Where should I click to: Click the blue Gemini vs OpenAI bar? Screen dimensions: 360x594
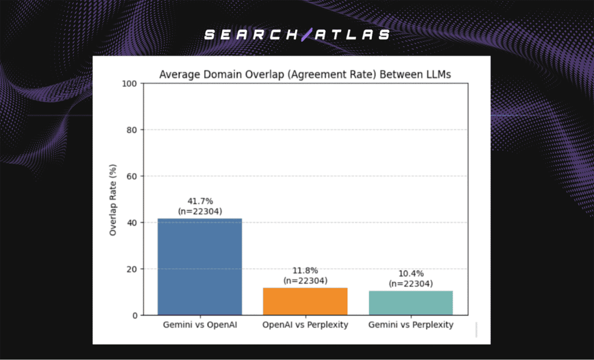(200, 267)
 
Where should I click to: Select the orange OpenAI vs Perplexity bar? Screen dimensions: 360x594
(305, 301)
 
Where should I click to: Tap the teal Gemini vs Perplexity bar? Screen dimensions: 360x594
(411, 303)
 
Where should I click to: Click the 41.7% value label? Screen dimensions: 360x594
(200, 201)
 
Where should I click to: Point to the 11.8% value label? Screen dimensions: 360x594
(305, 271)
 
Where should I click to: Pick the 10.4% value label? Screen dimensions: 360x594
(411, 274)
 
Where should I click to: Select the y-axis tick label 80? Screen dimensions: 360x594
(132, 130)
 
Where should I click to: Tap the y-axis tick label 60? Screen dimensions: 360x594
(132, 176)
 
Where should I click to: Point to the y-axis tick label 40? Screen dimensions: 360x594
(132, 223)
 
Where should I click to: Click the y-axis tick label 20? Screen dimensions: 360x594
(132, 269)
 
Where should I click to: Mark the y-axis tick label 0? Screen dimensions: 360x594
(134, 315)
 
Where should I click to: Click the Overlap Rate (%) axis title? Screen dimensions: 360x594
(114, 199)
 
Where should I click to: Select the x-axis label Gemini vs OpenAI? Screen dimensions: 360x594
(200, 325)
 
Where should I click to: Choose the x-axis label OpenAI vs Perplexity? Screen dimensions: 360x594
(305, 325)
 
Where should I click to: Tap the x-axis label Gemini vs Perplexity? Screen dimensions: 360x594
(411, 325)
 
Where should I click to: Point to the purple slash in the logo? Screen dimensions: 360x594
(306, 35)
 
